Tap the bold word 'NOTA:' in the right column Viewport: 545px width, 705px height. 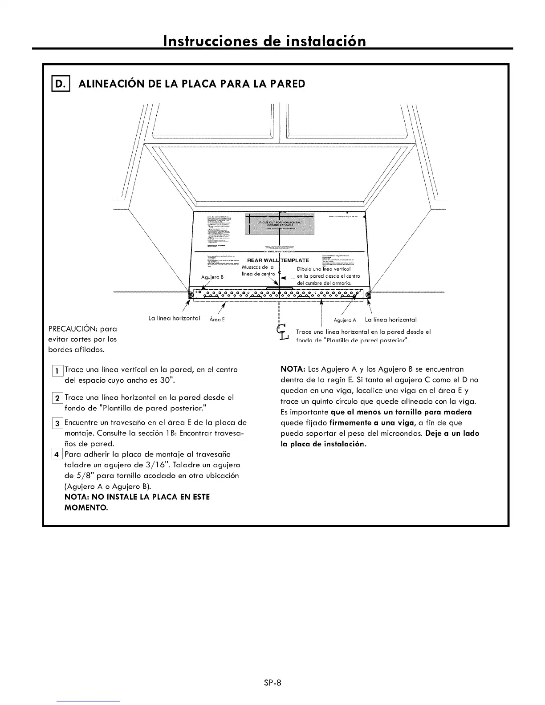click(292, 369)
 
